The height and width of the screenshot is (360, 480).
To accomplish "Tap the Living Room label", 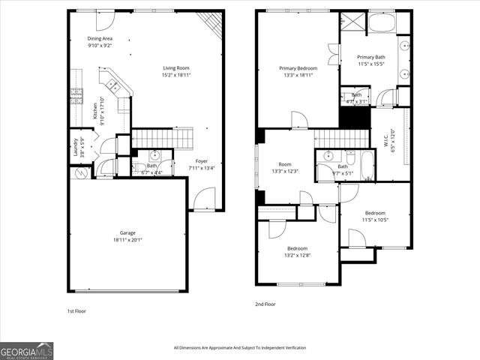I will (x=176, y=71).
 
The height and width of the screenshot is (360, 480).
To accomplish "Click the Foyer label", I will (x=202, y=164).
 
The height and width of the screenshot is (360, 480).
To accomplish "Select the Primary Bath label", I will (x=370, y=61).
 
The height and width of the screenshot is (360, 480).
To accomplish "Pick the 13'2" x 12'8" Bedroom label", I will (x=298, y=252).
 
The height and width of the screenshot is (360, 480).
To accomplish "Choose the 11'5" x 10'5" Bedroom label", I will (x=374, y=217).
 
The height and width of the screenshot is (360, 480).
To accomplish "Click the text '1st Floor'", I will (x=76, y=310).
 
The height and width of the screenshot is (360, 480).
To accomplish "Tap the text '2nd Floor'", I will (x=265, y=304).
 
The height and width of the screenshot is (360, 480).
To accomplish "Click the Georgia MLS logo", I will (x=27, y=350).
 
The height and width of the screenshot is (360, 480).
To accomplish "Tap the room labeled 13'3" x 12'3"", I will (x=285, y=168).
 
